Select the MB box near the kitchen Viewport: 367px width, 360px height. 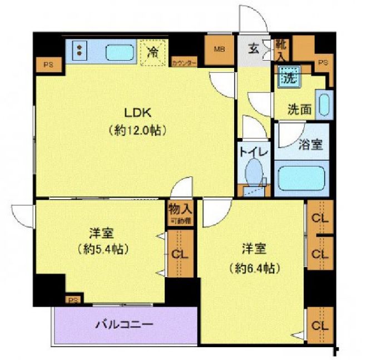pos(219,49)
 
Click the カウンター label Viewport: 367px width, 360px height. pos(183,63)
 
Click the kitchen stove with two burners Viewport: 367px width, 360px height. pos(79,51)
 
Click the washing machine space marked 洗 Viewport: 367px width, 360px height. pos(289,76)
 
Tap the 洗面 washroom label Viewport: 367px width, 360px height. pos(299,109)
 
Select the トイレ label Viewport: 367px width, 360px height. pos(254,151)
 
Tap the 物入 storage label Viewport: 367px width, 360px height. pos(180,210)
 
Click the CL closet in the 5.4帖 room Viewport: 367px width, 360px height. pos(180,255)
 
